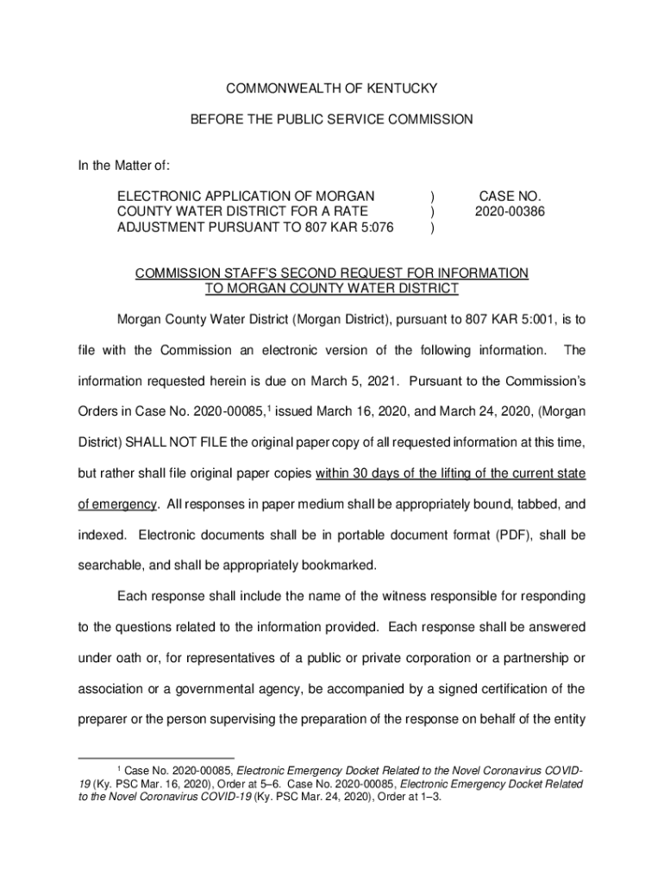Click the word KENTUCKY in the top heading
[405, 88]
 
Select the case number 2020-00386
[510, 211]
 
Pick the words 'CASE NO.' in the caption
[510, 196]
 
